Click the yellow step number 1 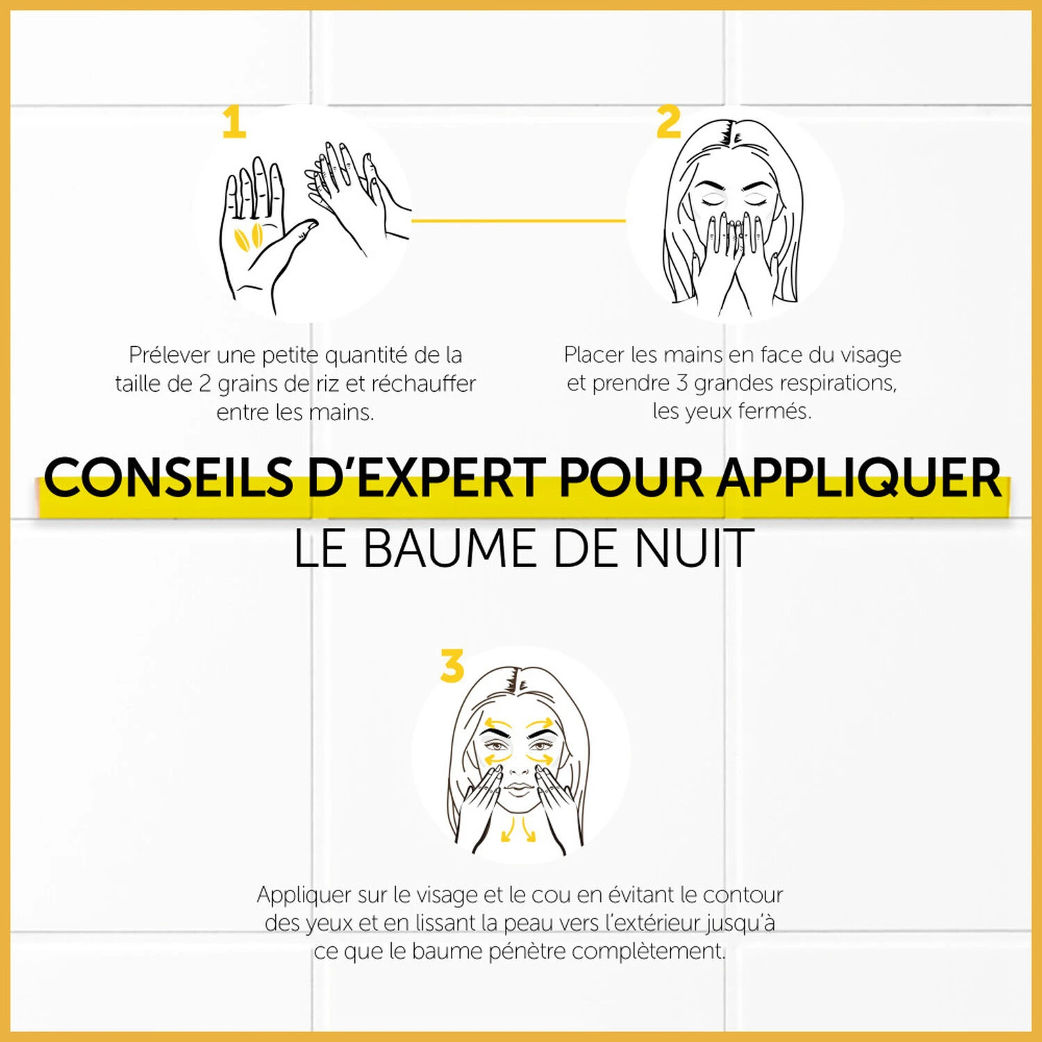(x=234, y=122)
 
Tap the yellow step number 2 (x=669, y=122)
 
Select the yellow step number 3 (x=452, y=665)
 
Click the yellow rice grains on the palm (x=248, y=237)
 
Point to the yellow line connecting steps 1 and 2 (x=518, y=221)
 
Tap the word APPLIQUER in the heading (x=859, y=478)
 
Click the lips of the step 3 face (x=518, y=789)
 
